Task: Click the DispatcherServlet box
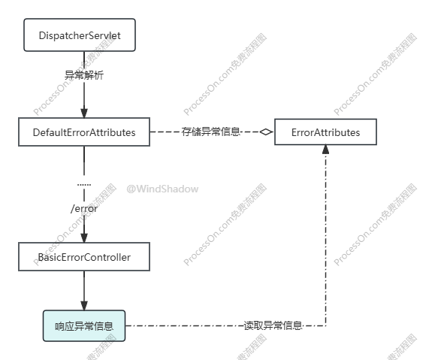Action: click(x=80, y=35)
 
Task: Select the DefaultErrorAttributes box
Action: click(x=84, y=132)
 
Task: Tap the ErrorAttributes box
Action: click(x=325, y=132)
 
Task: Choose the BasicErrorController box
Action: click(x=84, y=256)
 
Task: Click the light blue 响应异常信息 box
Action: click(x=84, y=325)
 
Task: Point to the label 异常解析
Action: click(x=84, y=75)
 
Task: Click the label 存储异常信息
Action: click(x=211, y=132)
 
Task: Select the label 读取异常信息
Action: click(x=273, y=325)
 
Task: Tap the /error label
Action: click(x=84, y=209)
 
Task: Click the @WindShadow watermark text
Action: click(x=162, y=189)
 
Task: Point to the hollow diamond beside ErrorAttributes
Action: click(x=266, y=132)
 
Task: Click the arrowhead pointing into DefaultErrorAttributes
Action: click(x=84, y=113)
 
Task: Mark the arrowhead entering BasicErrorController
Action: click(x=84, y=237)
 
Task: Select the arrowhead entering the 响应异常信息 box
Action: click(x=84, y=306)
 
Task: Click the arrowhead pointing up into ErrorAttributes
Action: click(x=325, y=150)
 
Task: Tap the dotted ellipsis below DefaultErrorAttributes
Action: click(x=84, y=185)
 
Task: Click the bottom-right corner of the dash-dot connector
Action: click(x=325, y=325)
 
